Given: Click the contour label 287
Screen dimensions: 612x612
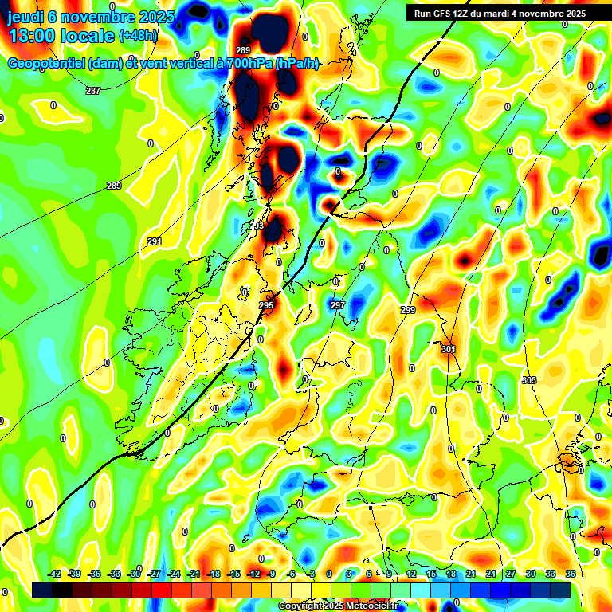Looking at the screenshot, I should (x=93, y=91).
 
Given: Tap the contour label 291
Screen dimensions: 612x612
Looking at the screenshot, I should (x=155, y=241).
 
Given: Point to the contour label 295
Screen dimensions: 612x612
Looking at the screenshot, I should (x=266, y=305).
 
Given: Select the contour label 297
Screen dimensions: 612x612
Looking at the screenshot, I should (x=337, y=305).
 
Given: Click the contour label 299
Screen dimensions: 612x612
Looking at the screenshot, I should (x=408, y=310).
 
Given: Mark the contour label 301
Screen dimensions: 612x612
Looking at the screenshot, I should (x=448, y=349).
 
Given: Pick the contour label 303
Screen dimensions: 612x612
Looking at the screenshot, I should (x=529, y=380).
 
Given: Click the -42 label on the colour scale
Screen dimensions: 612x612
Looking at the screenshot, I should (x=55, y=574).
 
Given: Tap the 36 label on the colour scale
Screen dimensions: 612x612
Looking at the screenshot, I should (x=571, y=574).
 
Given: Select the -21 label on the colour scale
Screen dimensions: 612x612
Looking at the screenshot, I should (x=194, y=574).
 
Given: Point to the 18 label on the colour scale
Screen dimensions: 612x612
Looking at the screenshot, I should (x=451, y=574).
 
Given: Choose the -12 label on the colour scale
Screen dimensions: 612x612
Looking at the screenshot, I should (x=253, y=574).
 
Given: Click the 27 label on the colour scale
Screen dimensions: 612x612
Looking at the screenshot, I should (x=511, y=574).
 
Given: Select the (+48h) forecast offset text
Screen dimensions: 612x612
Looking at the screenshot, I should (x=138, y=36).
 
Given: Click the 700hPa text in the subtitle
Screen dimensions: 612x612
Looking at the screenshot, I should (x=244, y=64).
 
